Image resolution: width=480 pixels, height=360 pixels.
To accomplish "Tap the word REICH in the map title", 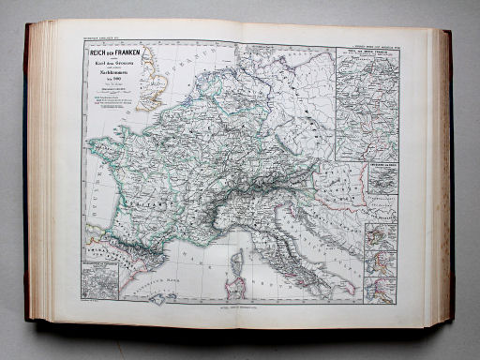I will [x=94, y=52].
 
